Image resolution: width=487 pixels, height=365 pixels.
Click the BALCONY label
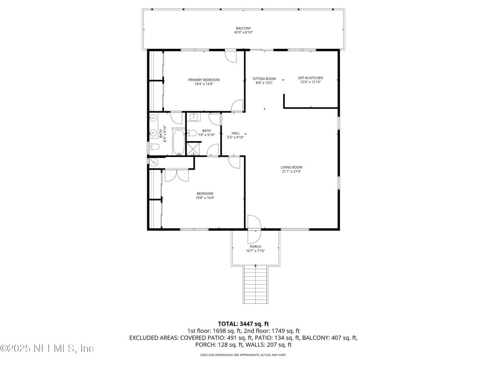pos(243,28)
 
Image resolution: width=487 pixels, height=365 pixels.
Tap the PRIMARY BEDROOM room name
pos(204,80)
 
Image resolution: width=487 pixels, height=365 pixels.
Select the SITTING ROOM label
pos(264,79)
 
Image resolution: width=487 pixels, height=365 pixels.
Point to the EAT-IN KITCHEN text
pos(310,78)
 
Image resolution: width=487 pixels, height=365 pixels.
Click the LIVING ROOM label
pos(291,167)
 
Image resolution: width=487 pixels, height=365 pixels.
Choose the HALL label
pos(235,133)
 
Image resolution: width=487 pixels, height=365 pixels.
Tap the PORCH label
pos(255,247)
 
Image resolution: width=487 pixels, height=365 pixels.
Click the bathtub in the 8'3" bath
pos(179,142)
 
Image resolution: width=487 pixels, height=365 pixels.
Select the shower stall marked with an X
pos(194,148)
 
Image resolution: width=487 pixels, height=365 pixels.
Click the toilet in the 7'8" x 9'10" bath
pos(192,133)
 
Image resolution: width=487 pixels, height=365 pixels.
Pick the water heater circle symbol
pos(153,162)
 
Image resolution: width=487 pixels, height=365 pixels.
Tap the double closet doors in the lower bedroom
pos(175,175)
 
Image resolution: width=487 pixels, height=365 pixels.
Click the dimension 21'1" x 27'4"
pos(291,172)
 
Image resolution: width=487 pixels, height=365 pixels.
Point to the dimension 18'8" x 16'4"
pos(205,197)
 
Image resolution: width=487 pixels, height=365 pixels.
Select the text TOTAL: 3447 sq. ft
pos(243,324)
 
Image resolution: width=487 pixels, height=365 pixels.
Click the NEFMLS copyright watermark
pos(47,349)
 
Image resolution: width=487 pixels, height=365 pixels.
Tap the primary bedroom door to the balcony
pos(231,57)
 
